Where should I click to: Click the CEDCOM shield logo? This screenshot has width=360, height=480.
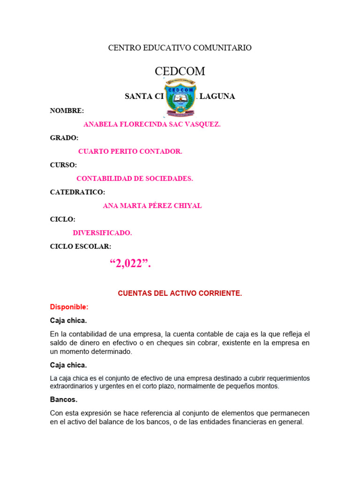click(180, 98)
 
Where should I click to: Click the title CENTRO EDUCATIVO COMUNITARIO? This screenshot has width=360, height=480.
click(180, 48)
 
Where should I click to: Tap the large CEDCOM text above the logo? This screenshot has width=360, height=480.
click(180, 71)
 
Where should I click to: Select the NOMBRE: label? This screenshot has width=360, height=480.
click(67, 111)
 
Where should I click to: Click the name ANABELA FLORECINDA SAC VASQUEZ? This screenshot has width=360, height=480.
click(151, 125)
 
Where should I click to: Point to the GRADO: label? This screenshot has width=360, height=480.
click(64, 138)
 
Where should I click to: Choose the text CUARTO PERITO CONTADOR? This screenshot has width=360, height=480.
click(130, 151)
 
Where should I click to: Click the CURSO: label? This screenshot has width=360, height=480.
click(64, 165)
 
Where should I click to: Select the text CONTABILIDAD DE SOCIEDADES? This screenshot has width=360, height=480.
click(135, 179)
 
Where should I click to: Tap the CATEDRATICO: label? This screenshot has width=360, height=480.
click(77, 192)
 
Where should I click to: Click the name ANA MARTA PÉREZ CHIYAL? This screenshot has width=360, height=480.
click(152, 206)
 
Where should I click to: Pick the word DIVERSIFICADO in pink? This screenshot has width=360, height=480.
click(102, 233)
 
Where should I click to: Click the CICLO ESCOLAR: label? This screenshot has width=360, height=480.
click(81, 247)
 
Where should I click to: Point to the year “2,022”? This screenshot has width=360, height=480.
click(130, 264)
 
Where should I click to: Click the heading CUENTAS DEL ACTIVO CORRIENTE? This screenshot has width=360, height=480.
click(180, 293)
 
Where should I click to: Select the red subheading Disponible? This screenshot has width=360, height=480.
click(69, 307)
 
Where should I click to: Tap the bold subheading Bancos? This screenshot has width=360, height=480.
click(64, 400)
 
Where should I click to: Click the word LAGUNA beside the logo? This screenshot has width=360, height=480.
click(217, 97)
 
